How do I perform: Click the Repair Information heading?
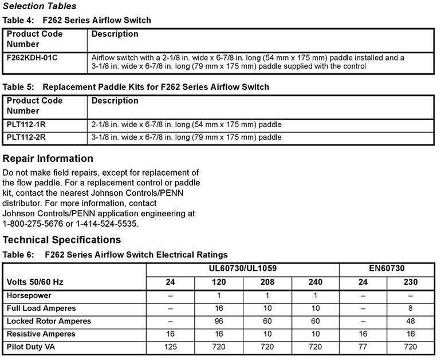pyautogui.click(x=48, y=159)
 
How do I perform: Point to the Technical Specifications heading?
pyautogui.click(x=62, y=240)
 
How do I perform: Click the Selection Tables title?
pyautogui.click(x=40, y=6)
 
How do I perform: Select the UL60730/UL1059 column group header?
pyautogui.click(x=243, y=268)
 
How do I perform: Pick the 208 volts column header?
pyautogui.click(x=267, y=283)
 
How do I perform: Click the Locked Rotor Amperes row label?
pyautogui.click(x=49, y=321)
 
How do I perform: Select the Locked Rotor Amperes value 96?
pyautogui.click(x=219, y=321)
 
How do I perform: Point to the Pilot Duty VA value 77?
pyautogui.click(x=363, y=346)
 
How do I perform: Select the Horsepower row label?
pyautogui.click(x=30, y=296)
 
